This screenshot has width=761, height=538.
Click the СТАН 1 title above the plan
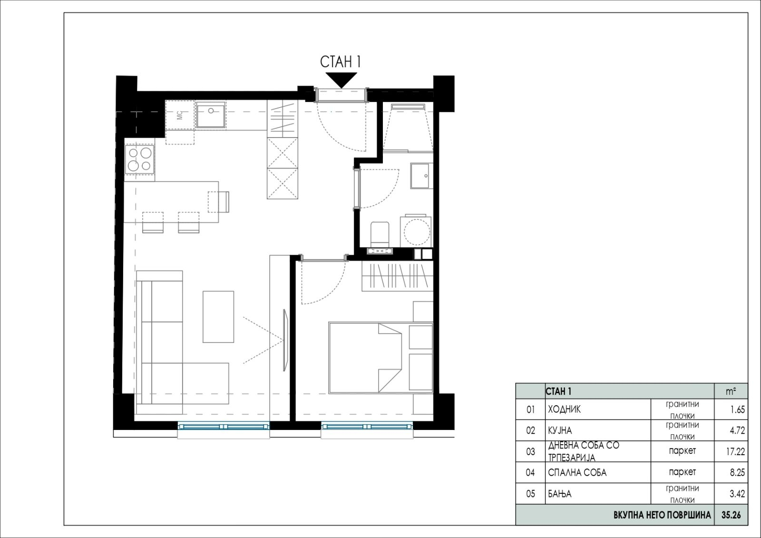point(340,62)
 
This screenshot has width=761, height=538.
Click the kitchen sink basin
point(211,115)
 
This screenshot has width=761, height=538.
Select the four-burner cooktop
point(140,159)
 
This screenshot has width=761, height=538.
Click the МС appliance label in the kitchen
point(180,115)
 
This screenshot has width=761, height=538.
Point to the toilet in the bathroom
point(380,234)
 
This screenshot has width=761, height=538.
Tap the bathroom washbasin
point(421,176)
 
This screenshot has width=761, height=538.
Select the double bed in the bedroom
point(380,358)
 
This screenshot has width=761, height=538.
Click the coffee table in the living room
point(218,317)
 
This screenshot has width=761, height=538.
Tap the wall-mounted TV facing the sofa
point(286,340)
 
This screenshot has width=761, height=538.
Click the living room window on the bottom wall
point(224,427)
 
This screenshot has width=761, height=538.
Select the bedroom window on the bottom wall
point(367,427)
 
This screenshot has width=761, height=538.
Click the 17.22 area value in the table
point(735,452)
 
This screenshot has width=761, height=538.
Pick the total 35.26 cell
point(731,515)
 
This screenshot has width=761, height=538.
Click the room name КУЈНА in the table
point(559,430)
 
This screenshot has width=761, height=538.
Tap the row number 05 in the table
point(530,493)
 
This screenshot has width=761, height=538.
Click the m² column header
point(731,391)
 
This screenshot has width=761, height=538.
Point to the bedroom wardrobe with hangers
point(398,276)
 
